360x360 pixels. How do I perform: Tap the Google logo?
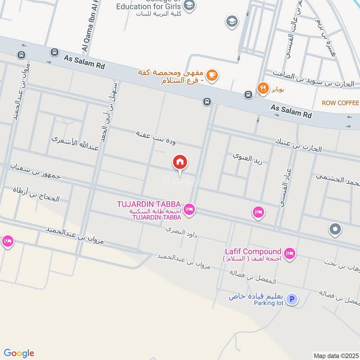point(19,353)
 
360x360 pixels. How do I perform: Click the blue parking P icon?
point(292,299)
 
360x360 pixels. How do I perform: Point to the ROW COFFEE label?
point(340,103)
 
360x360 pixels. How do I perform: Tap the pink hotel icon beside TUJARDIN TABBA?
point(189,210)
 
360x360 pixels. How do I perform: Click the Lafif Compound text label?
point(253,252)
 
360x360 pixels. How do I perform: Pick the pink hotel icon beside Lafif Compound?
point(290,254)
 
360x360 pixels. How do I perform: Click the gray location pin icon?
point(335,229)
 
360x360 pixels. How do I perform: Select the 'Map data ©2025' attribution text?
point(335,355)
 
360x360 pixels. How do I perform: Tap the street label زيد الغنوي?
point(245,157)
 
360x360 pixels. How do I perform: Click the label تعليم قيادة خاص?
point(256,296)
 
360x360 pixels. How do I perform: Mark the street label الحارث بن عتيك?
point(299,145)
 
